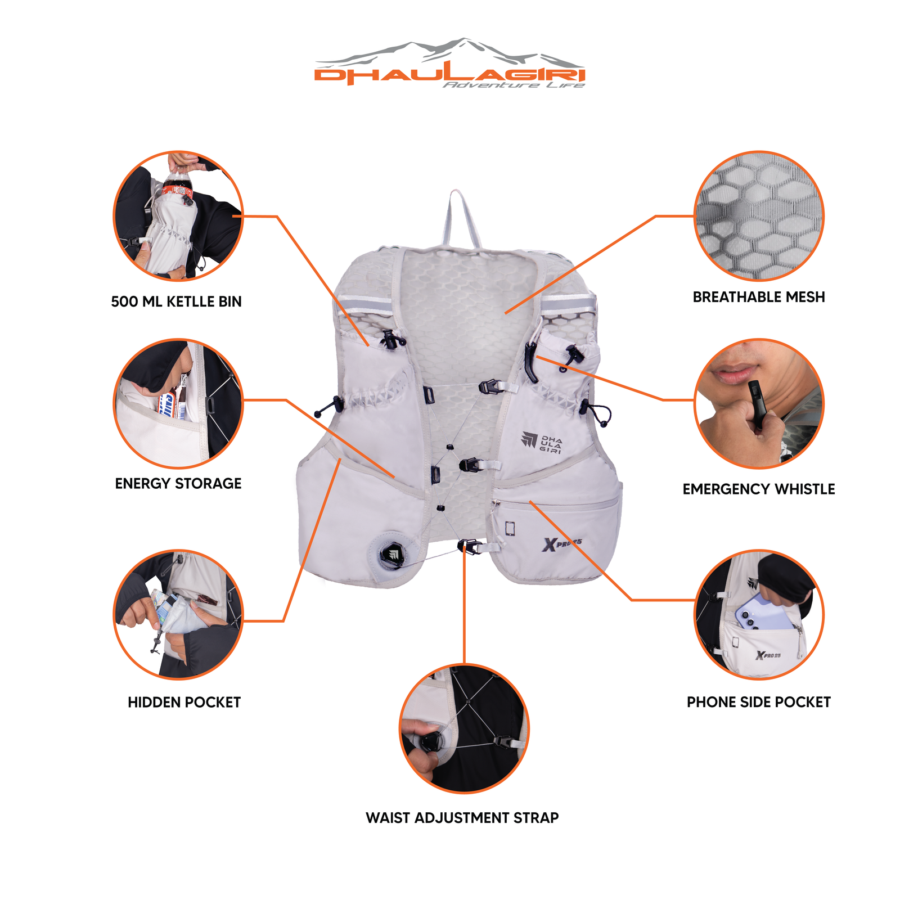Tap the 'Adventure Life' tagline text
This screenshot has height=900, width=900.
514,85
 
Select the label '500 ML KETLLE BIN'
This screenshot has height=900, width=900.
176,301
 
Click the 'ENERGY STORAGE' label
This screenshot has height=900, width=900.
178,483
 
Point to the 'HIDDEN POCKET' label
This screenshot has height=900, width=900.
184,702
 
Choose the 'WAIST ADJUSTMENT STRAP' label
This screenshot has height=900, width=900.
462,818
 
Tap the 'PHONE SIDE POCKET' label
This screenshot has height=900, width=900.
758,702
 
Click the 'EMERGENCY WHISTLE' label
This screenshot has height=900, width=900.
758,489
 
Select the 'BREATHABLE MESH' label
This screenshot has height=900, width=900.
758,297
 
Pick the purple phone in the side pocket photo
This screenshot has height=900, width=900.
765,613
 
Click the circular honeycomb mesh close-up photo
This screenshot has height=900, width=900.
759,216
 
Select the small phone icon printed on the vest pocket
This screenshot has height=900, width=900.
510,528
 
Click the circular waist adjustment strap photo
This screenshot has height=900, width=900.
464,728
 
